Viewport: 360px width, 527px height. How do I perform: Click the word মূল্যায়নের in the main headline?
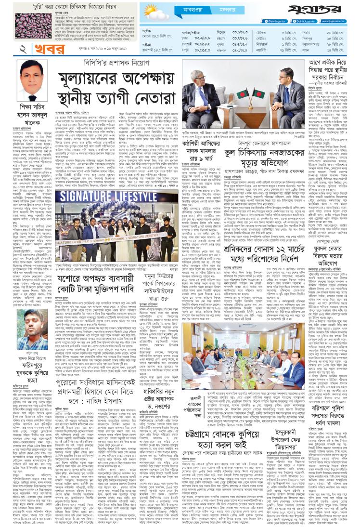pyautogui.click(x=99, y=79)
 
